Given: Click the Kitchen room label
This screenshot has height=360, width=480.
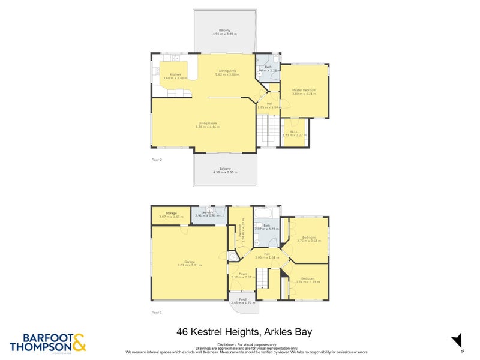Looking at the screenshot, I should [x=175, y=74].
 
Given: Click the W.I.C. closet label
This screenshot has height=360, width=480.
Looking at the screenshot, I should [x=295, y=131].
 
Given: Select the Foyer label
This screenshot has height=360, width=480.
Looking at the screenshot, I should [x=238, y=274].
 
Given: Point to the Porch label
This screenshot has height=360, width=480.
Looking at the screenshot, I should [x=243, y=299].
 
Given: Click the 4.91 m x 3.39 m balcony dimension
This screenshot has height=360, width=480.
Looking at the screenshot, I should [x=224, y=34].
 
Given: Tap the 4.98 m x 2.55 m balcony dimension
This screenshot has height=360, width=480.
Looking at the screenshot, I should [x=225, y=172].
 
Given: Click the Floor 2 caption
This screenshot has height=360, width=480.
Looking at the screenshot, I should [x=157, y=160].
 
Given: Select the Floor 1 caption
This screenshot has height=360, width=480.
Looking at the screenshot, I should [x=157, y=313].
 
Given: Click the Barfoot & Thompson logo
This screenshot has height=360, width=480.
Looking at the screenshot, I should [x=48, y=342].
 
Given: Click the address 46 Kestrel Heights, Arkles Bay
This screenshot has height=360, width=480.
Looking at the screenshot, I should [x=244, y=331].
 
